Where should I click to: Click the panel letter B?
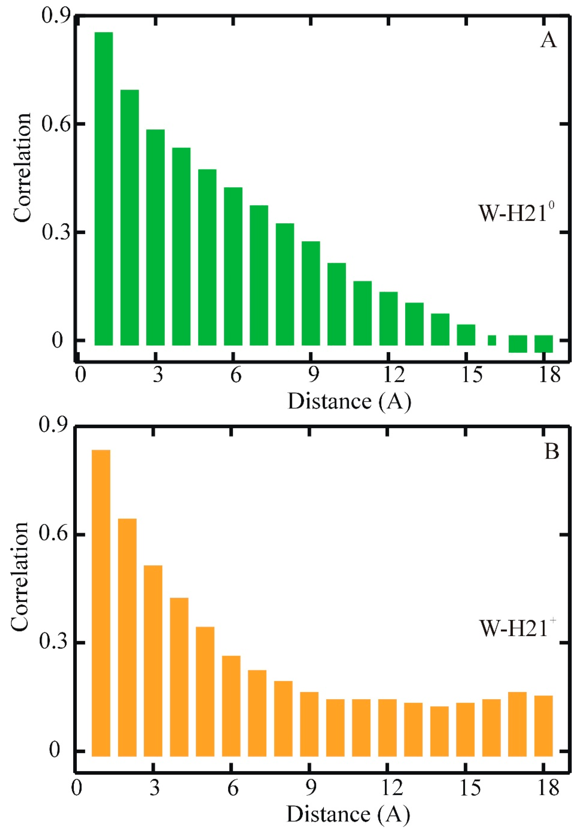coord(552,452)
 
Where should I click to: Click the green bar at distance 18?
coord(543,344)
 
